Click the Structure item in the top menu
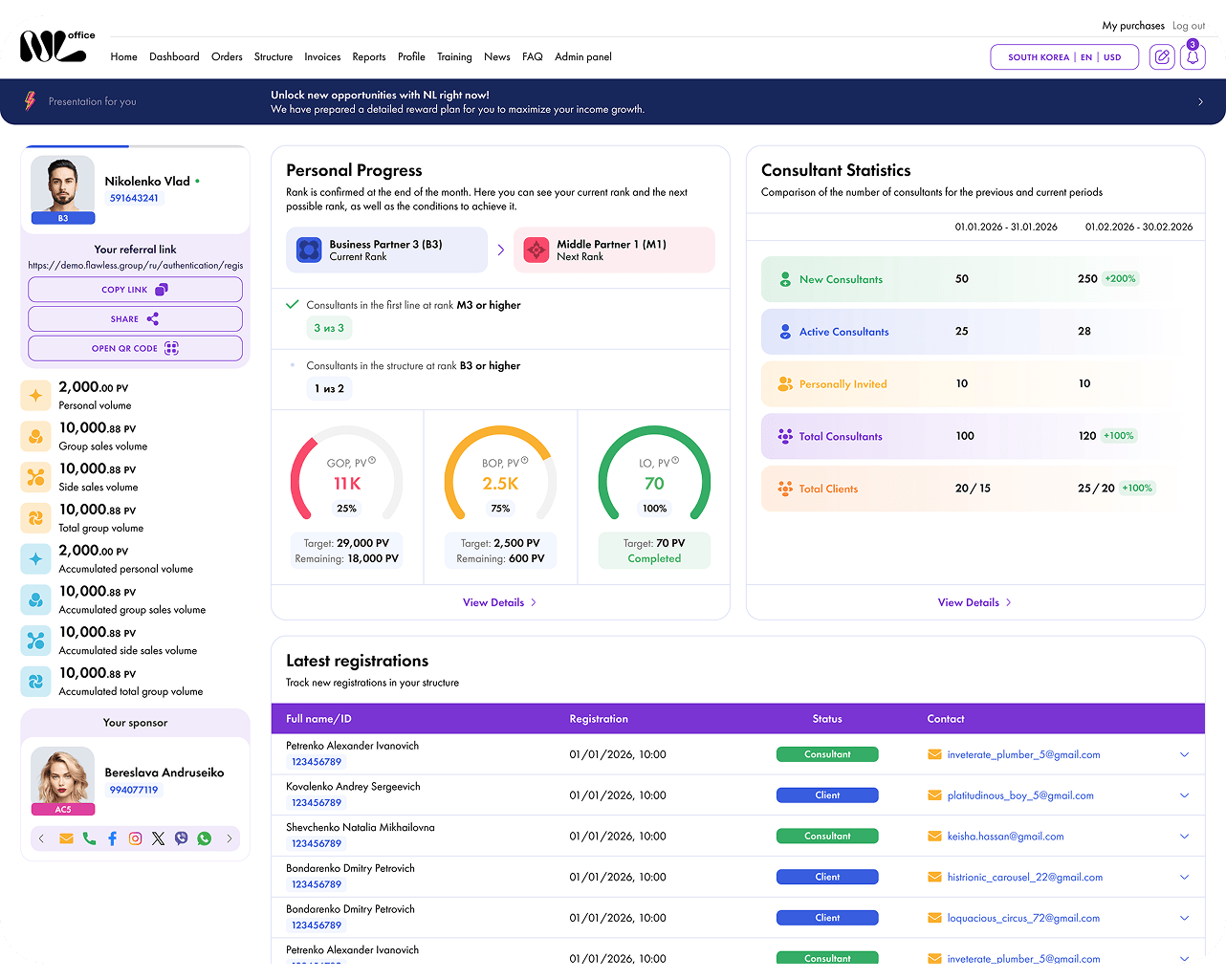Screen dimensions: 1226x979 click(273, 57)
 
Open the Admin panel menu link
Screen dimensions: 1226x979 click(582, 57)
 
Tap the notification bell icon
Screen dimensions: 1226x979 click(1193, 57)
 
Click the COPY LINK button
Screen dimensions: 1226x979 click(135, 290)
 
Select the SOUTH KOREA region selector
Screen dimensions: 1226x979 click(1038, 57)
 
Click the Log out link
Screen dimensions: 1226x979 click(1189, 26)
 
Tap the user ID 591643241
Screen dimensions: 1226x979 click(134, 198)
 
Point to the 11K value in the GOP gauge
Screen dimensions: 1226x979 click(347, 484)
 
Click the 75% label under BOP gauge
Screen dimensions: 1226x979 click(500, 508)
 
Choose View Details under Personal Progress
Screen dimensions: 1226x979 click(499, 602)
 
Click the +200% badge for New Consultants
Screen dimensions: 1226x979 click(1120, 278)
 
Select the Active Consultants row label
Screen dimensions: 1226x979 click(843, 332)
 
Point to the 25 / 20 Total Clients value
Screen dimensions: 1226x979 click(1096, 489)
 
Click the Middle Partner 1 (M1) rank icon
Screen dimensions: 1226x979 click(536, 250)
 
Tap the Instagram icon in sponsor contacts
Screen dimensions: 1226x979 click(135, 838)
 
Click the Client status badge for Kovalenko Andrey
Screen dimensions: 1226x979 click(827, 795)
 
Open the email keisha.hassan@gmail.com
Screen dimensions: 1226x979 click(1005, 836)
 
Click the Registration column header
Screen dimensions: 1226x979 click(599, 719)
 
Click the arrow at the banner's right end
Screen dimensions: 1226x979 click(1200, 102)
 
